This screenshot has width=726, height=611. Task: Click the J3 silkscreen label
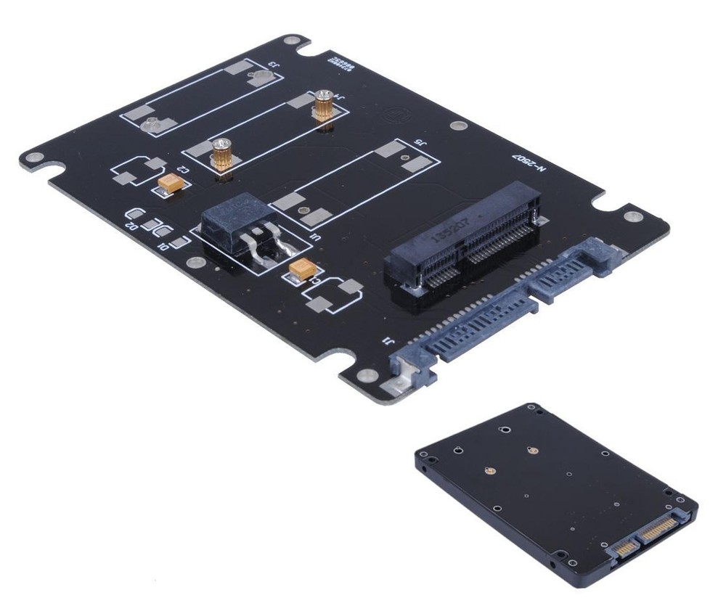[x=273, y=66]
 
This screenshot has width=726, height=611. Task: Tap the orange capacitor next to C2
[x=173, y=184]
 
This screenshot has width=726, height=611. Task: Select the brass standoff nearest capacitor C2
[x=221, y=156]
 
